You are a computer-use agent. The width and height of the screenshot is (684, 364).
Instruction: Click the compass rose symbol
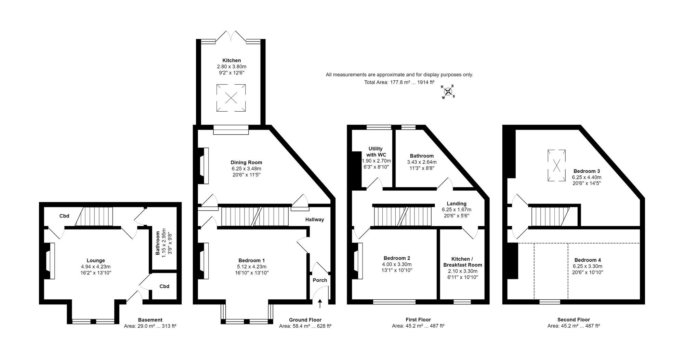(448, 91)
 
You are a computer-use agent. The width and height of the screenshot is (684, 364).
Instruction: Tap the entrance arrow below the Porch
(320, 303)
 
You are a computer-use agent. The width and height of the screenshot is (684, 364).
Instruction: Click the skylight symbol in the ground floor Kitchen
(231, 98)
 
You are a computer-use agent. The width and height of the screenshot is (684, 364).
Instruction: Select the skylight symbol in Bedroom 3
(556, 166)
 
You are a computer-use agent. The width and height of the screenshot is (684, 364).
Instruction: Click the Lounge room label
(96, 261)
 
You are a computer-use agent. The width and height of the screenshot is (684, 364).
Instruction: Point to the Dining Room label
(246, 163)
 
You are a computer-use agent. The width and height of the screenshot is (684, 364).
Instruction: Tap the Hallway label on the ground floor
(315, 219)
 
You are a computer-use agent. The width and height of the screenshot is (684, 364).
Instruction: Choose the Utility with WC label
(376, 152)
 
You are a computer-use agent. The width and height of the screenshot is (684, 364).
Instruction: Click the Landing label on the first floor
(457, 204)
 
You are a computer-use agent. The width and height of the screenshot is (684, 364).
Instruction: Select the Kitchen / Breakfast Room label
(463, 262)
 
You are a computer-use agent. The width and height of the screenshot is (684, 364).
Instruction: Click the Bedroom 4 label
(588, 260)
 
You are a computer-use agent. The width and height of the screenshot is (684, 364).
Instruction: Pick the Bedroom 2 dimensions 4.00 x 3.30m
(397, 264)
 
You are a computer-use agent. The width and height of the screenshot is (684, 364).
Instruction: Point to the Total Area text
(399, 82)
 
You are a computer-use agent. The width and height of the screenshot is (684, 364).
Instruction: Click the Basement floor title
(150, 320)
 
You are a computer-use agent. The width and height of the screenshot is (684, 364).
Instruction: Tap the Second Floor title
(574, 320)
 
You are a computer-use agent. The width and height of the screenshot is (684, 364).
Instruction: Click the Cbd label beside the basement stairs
(64, 216)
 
